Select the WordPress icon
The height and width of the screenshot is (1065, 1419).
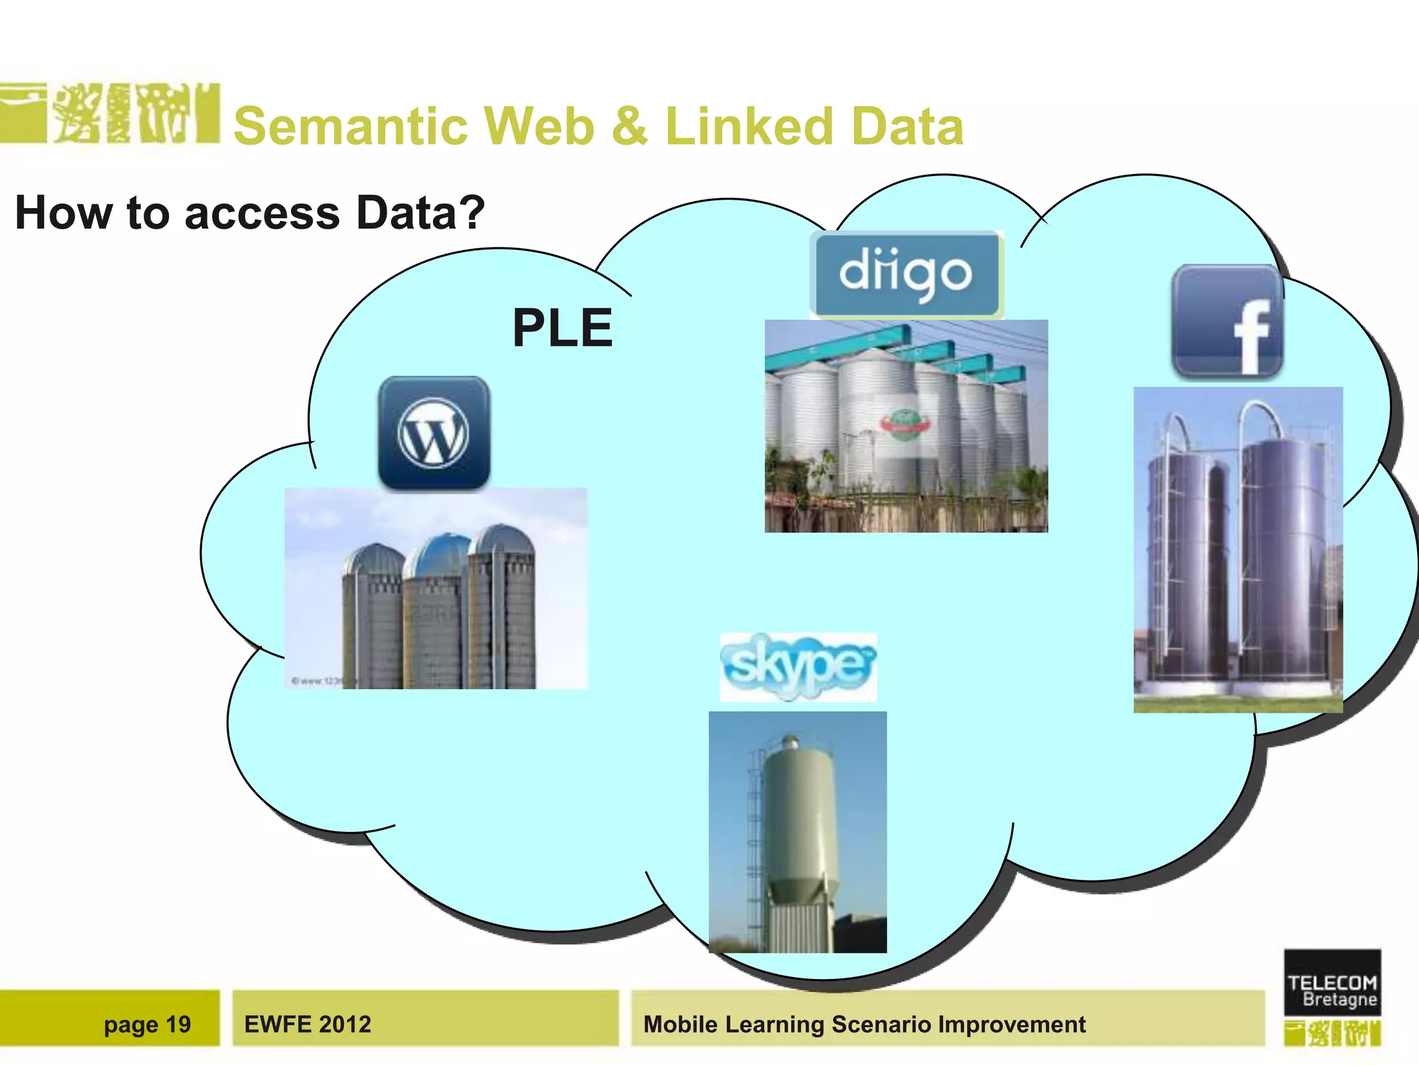[x=434, y=433]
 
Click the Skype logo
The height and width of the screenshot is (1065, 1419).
[x=798, y=666]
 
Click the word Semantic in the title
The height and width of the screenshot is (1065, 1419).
[x=351, y=126]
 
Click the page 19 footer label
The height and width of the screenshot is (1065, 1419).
[x=147, y=1024]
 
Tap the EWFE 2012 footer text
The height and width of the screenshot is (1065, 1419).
[x=308, y=1024]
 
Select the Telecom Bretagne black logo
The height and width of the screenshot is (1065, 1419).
[x=1332, y=983]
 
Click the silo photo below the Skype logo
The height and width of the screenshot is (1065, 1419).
[x=797, y=832]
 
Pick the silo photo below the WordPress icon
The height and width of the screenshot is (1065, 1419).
[x=436, y=588]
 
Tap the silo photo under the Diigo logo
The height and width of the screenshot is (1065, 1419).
[x=906, y=426]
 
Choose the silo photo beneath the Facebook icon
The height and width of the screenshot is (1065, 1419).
[x=1237, y=549]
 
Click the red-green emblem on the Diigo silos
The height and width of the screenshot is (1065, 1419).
[x=903, y=422]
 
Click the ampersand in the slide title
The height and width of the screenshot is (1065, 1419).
[x=629, y=126]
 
